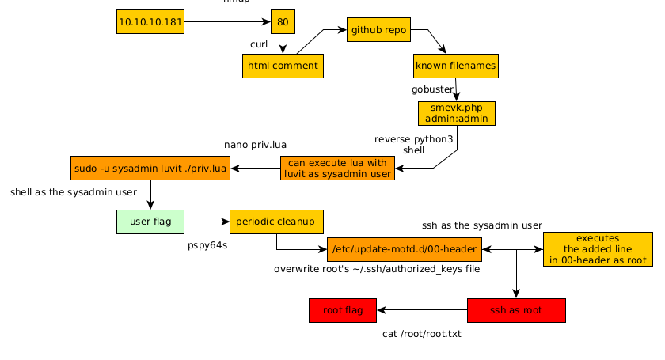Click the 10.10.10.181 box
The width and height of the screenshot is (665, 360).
point(150,22)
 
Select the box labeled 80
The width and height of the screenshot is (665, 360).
point(283,22)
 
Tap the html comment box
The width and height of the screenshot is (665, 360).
point(283,66)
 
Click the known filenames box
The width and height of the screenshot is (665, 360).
point(456,66)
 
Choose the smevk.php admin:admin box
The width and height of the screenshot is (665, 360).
point(457,113)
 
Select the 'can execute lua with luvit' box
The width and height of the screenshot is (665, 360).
point(338,168)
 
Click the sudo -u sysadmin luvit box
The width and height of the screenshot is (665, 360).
point(150,169)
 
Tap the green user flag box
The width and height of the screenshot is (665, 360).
point(150,222)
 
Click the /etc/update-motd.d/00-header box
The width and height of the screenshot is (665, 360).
point(404,249)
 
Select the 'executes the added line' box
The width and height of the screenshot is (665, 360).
point(598,249)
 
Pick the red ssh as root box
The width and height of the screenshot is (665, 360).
point(516,310)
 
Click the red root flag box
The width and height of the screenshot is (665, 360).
point(343,310)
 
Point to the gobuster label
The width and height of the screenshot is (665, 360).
point(432,89)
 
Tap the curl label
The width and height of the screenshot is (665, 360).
point(259,44)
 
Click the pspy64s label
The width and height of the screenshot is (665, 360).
point(207,245)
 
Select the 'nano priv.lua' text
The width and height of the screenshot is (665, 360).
point(255,145)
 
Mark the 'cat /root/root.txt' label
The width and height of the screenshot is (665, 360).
point(421,334)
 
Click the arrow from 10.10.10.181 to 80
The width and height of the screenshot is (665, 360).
point(228,22)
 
